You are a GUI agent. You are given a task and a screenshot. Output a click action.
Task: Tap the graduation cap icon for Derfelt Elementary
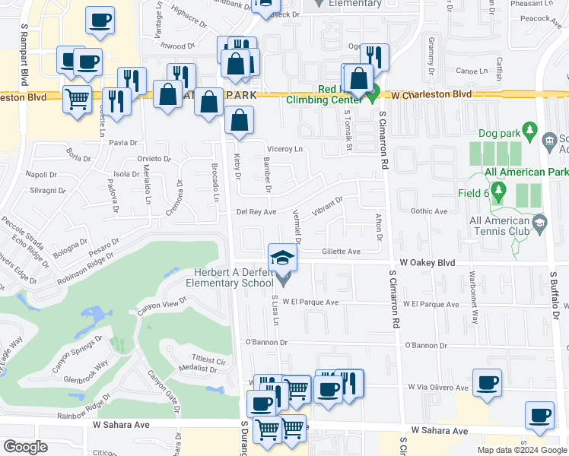[282, 258]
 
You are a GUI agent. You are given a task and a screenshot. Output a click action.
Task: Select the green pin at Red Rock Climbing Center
[372, 95]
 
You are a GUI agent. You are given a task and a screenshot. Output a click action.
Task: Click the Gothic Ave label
[429, 211]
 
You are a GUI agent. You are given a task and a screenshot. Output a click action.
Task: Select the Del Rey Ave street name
[256, 212]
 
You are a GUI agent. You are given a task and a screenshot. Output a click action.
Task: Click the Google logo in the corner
[26, 446]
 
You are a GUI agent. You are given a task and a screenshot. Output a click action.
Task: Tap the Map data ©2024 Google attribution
[521, 450]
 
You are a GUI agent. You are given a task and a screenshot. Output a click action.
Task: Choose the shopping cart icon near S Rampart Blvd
[77, 99]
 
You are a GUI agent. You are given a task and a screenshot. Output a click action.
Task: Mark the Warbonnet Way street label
[472, 309]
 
